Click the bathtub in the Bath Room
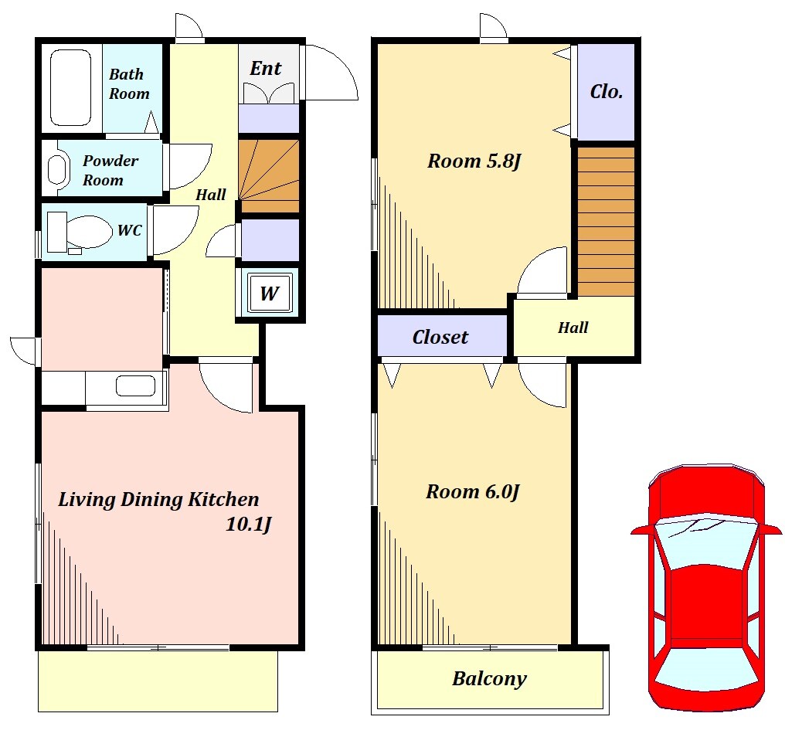pos(70,87)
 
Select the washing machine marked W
pos(270,292)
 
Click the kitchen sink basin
pos(135,386)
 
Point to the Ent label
pos(265,68)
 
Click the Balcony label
pos(489,679)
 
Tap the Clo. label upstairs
pos(607,91)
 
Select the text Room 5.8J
pos(474,161)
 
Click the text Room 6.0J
pos(473,491)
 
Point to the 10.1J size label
pos(248,525)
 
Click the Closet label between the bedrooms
pos(440,337)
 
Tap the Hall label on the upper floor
pos(573,328)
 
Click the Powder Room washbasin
pos(57,168)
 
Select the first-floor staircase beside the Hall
pos(269,176)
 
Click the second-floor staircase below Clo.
pos(607,221)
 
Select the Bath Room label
pos(129,83)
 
